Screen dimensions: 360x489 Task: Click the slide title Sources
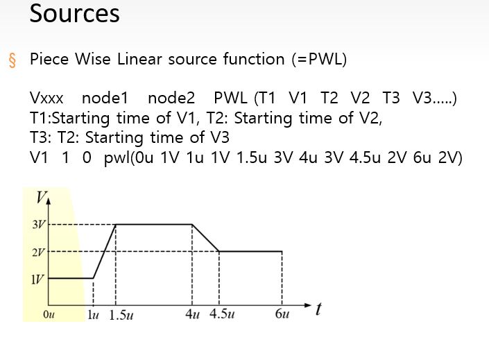(x=74, y=13)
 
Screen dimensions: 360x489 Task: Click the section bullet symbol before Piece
(x=12, y=60)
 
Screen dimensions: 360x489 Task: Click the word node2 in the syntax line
(x=171, y=98)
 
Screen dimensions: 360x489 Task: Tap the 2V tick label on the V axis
(x=38, y=252)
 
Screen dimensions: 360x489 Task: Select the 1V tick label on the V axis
(x=38, y=278)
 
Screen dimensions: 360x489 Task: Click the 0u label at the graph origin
(x=49, y=314)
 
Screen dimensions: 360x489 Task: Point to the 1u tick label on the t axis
(x=93, y=314)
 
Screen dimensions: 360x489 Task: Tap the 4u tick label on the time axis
(x=192, y=314)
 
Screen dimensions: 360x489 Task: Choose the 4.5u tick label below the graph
(x=222, y=314)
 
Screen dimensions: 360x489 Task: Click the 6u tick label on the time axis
(x=282, y=314)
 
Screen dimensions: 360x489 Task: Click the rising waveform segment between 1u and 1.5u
(x=105, y=251)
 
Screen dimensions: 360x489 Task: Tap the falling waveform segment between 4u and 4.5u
(x=205, y=238)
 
